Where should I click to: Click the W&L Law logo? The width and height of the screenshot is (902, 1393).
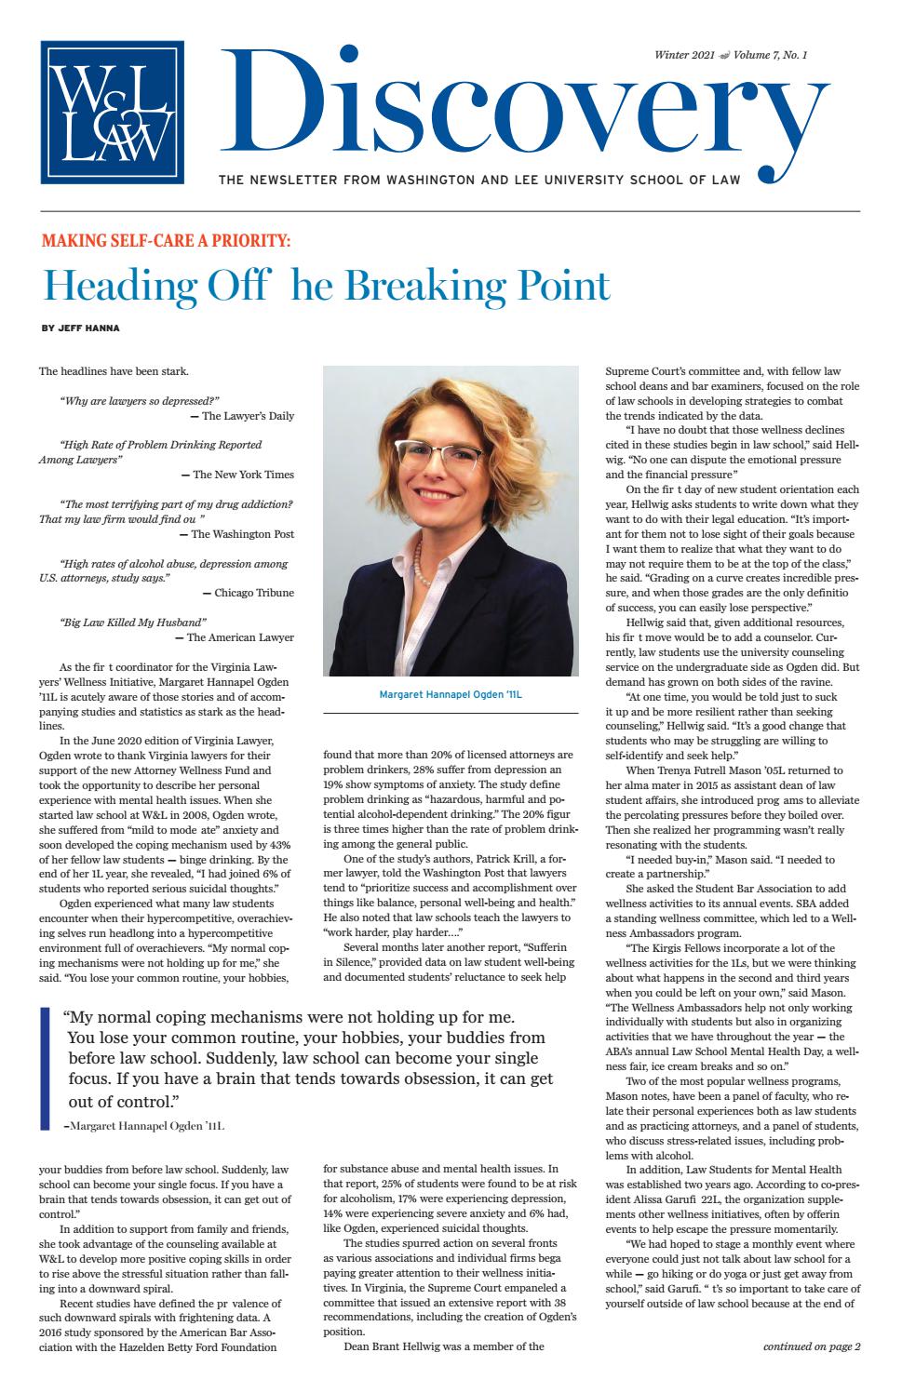[112, 113]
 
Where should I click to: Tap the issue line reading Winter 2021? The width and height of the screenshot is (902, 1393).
[685, 56]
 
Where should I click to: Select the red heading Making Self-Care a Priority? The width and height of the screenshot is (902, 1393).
[167, 241]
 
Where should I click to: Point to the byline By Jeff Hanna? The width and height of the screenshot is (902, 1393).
[80, 328]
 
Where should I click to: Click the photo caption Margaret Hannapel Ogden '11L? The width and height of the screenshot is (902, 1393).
[451, 694]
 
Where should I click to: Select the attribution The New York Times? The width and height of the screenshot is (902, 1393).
[243, 475]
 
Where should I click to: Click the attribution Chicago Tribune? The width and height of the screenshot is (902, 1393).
[253, 593]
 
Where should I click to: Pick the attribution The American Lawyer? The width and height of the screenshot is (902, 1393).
[240, 637]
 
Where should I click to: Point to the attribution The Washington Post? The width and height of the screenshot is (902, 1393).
[242, 534]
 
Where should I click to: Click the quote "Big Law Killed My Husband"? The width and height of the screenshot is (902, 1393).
[132, 622]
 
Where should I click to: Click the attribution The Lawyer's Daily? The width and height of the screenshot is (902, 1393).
[248, 416]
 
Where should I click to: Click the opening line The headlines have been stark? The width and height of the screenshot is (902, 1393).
[114, 372]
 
